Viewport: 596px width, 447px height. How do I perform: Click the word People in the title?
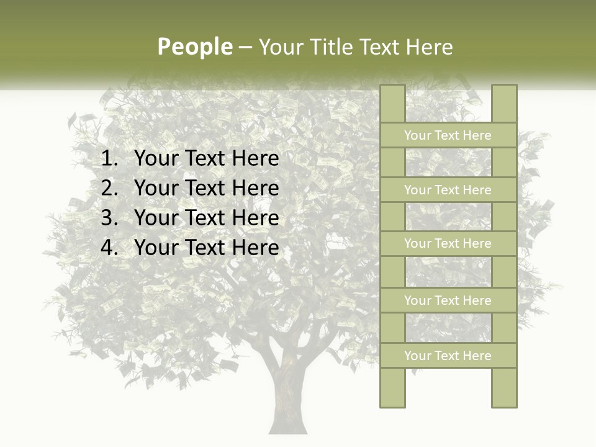[195, 47]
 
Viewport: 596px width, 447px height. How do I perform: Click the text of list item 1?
[207, 159]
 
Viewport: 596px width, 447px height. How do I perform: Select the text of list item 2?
[207, 188]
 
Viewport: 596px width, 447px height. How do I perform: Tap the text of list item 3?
[207, 218]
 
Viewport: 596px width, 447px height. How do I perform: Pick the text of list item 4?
[207, 248]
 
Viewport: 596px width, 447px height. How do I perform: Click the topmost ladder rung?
[448, 135]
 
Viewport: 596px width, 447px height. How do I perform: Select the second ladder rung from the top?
[448, 190]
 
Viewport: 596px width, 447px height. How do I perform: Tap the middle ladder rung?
[448, 243]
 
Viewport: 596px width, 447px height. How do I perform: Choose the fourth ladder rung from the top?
[448, 300]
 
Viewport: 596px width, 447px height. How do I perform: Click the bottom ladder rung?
[448, 356]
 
